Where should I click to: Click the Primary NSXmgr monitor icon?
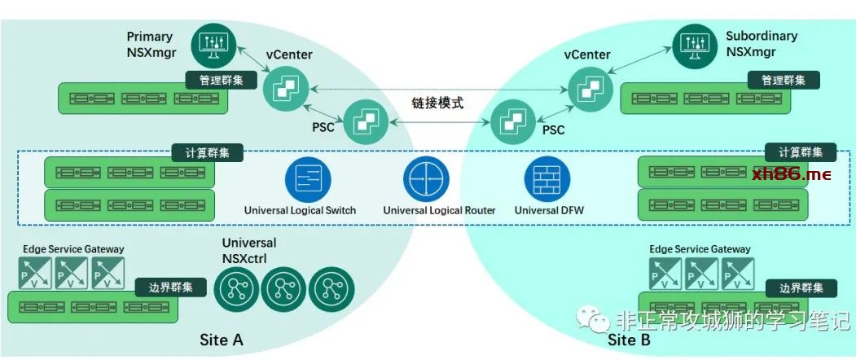[x=213, y=46]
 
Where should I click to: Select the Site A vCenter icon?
[x=283, y=87]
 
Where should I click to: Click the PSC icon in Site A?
[x=363, y=122]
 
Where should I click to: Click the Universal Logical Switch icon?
[x=308, y=179]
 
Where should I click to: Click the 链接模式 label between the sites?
[x=437, y=103]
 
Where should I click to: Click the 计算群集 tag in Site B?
[x=800, y=152]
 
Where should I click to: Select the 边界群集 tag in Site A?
[x=171, y=287]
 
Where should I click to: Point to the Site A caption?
[x=222, y=340]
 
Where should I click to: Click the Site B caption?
[x=630, y=340]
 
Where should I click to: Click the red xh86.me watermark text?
[x=792, y=173]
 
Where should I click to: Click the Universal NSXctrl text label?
[x=249, y=250]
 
